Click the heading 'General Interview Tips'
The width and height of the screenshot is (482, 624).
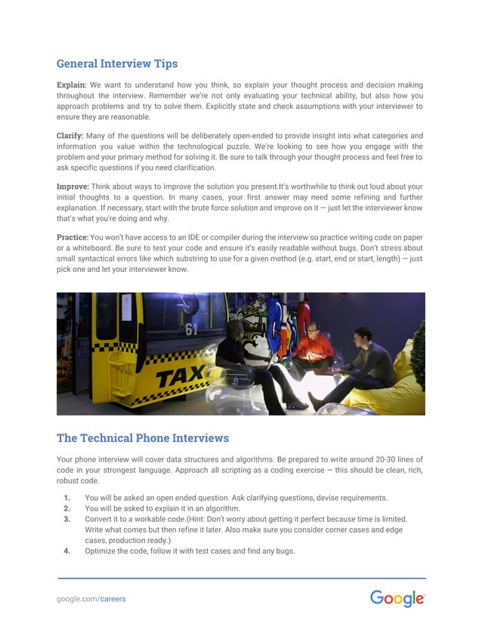pos(117,63)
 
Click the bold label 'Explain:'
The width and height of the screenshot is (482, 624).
pos(72,85)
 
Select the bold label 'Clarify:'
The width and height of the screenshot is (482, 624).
pos(70,136)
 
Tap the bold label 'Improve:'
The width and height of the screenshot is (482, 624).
pos(73,186)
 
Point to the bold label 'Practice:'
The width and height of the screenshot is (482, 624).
pos(73,236)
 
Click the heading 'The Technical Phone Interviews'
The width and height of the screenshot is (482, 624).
pos(143,438)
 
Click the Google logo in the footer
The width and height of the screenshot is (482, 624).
pos(397,598)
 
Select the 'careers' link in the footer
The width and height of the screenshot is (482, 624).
pos(113,599)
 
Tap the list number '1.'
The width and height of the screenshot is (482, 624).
pos(67,498)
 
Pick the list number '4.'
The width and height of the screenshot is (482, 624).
pos(67,551)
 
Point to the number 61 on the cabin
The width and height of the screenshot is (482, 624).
pos(193,329)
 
